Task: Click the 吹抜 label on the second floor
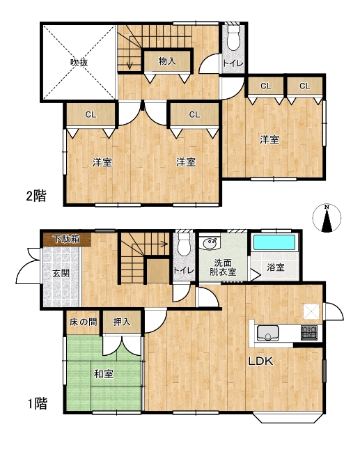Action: pyautogui.click(x=79, y=62)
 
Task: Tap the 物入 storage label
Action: pyautogui.click(x=166, y=61)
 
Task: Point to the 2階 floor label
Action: pyautogui.click(x=36, y=196)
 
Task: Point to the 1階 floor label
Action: pyautogui.click(x=37, y=403)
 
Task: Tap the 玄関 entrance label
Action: pyautogui.click(x=61, y=274)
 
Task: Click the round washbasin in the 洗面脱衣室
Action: pyautogui.click(x=208, y=245)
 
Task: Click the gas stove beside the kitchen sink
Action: pyautogui.click(x=309, y=332)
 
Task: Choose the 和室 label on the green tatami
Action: pyautogui.click(x=104, y=374)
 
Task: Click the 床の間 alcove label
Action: pyautogui.click(x=82, y=322)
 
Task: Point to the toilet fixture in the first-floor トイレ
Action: pyautogui.click(x=184, y=244)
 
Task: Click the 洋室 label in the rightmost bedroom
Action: pyautogui.click(x=269, y=140)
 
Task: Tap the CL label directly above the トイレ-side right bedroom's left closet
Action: pyautogui.click(x=265, y=86)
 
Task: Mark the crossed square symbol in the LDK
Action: pyautogui.click(x=311, y=311)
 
